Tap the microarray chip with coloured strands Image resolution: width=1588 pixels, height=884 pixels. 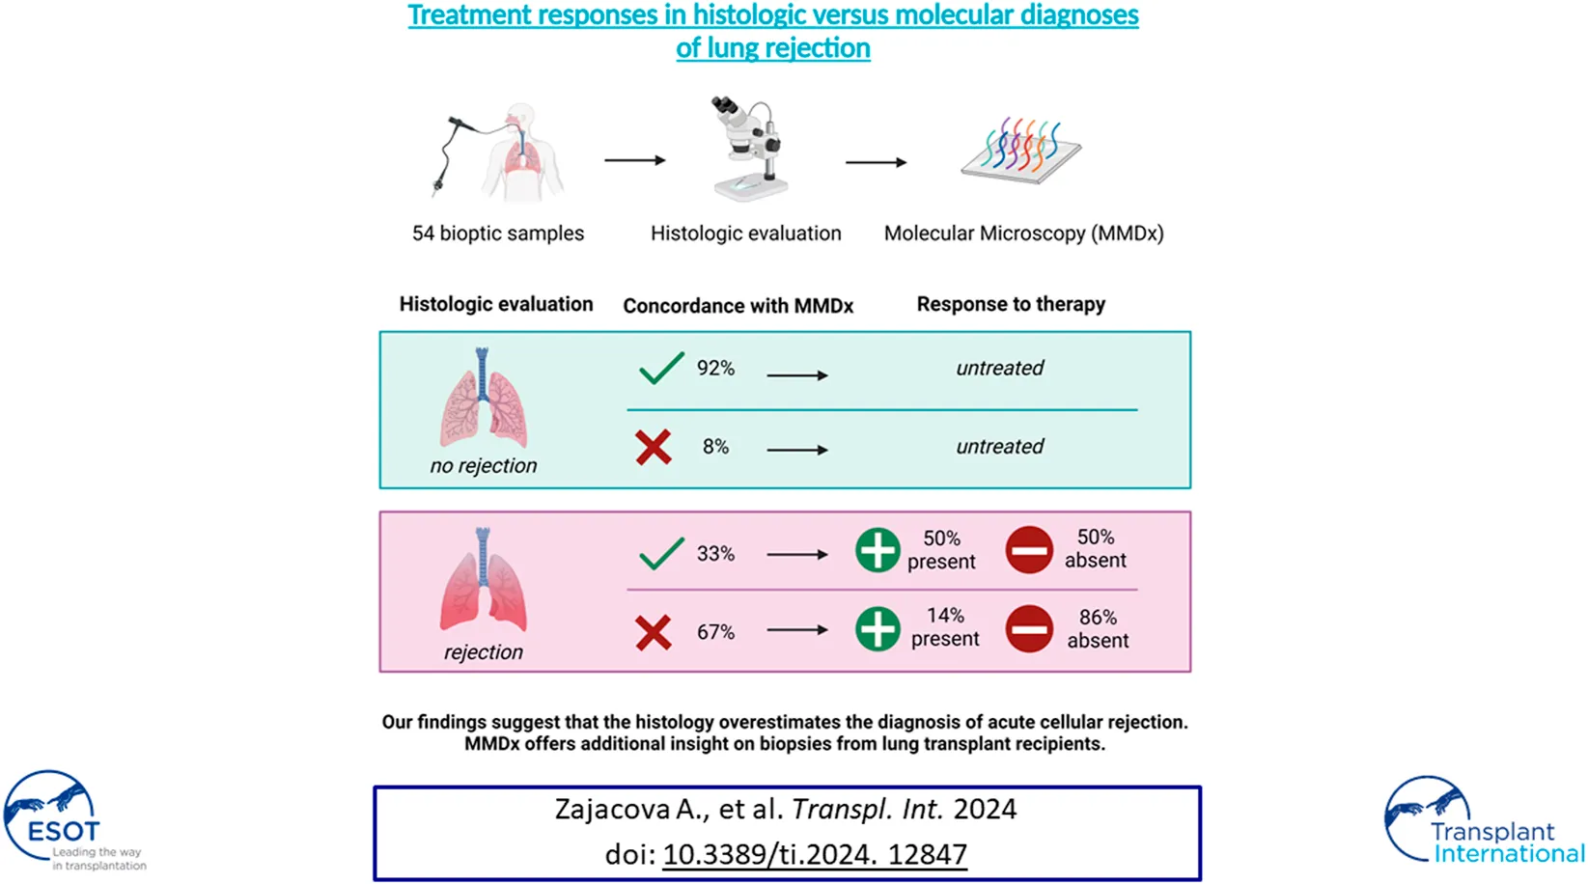coord(1021,152)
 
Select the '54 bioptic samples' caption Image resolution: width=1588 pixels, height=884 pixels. coord(498,234)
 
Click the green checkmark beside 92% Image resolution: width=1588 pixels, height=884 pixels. coord(661,369)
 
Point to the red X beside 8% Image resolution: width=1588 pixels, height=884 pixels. coord(654,447)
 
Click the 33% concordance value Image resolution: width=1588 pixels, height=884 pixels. coord(715,554)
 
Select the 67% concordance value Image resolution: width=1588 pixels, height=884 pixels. coord(715,632)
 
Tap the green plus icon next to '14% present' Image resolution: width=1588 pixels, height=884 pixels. coord(878,628)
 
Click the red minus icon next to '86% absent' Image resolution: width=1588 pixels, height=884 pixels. coord(1029,628)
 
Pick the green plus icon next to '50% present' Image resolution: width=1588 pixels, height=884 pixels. coord(878,550)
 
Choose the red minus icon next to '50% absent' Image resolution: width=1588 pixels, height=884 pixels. coord(1029,550)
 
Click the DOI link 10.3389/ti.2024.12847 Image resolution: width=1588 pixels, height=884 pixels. coord(815,854)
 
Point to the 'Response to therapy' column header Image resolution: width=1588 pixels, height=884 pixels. coord(1011,304)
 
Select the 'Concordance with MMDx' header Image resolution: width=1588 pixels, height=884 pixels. coord(738,306)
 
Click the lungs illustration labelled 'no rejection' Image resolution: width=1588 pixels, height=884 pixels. coord(484,400)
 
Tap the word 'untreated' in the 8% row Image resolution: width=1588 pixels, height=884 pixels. coord(999,447)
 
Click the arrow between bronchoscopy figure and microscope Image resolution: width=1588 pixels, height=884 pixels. coord(634,160)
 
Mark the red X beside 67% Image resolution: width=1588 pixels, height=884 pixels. coord(654,633)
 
